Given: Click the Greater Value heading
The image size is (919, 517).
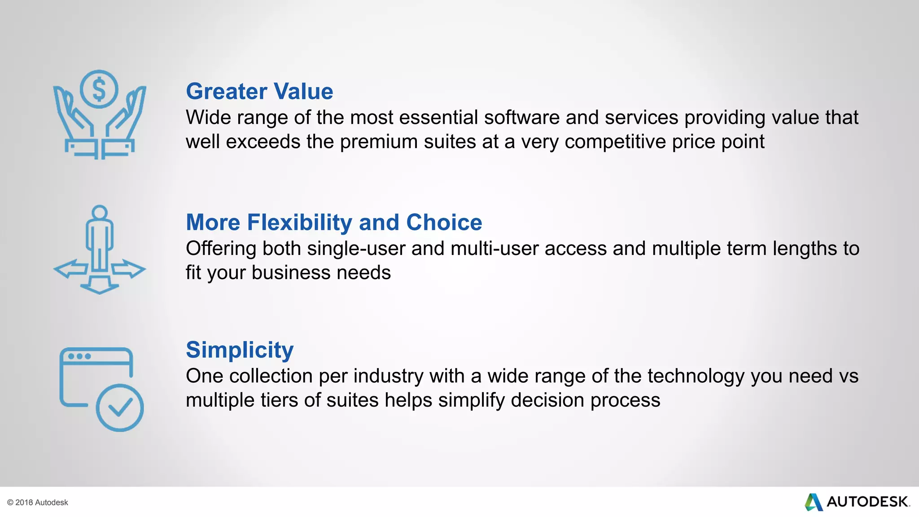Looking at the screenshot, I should pyautogui.click(x=259, y=92).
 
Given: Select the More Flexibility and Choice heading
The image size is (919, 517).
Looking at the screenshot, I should pyautogui.click(x=334, y=223).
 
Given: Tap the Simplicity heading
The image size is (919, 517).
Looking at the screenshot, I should pyautogui.click(x=240, y=350).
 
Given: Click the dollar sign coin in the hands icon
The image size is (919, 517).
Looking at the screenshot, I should pyautogui.click(x=99, y=89).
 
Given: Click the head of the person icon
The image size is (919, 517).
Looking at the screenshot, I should pyautogui.click(x=99, y=213).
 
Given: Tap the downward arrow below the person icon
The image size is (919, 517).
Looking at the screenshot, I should pyautogui.click(x=99, y=285).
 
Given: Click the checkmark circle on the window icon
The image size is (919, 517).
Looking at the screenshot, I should pyautogui.click(x=120, y=407).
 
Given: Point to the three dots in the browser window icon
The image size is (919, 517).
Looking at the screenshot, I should pyautogui.click(x=79, y=356).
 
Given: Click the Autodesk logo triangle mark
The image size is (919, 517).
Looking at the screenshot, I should pyautogui.click(x=813, y=502).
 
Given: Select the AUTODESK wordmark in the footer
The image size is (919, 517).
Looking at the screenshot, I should pyautogui.click(x=868, y=502).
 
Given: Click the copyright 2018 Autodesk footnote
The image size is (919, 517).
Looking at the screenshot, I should pyautogui.click(x=38, y=503).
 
